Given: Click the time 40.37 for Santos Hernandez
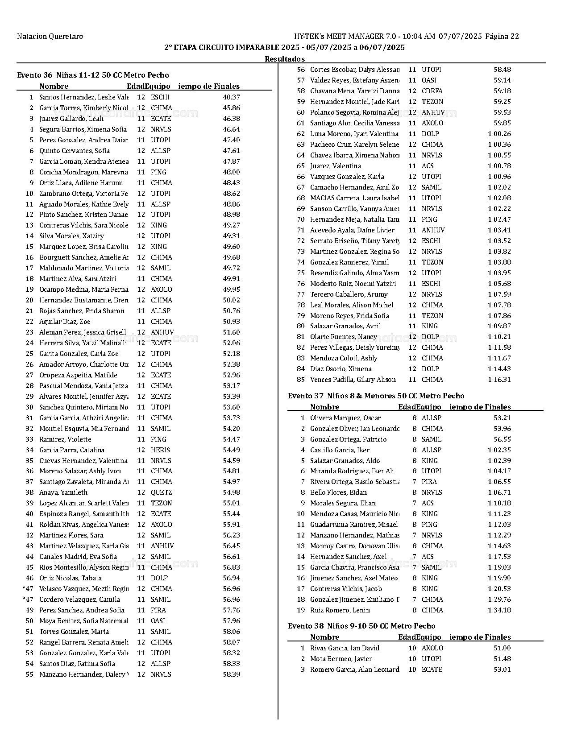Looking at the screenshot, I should [x=231, y=97].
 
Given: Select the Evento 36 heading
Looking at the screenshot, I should [x=93, y=75].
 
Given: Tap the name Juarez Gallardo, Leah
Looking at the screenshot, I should [x=71, y=119].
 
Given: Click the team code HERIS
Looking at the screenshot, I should [x=160, y=450].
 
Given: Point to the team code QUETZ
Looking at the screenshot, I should [x=161, y=492].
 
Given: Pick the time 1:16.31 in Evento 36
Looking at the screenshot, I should [x=499, y=380].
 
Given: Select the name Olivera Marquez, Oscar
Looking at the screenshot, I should [x=345, y=418].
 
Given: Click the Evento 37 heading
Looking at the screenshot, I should [x=376, y=396].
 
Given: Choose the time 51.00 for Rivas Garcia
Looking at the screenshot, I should [x=502, y=648].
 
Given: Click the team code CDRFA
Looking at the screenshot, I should [x=432, y=91].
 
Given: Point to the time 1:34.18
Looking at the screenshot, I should [x=499, y=610].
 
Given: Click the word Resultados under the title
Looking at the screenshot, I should [x=285, y=59].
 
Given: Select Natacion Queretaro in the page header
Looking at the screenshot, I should [x=50, y=37].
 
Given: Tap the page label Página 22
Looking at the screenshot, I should [x=502, y=37].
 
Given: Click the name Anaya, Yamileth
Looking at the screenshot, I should [x=63, y=492].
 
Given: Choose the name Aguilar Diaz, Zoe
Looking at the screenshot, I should [x=65, y=322].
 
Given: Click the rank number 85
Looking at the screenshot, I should [x=301, y=380].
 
